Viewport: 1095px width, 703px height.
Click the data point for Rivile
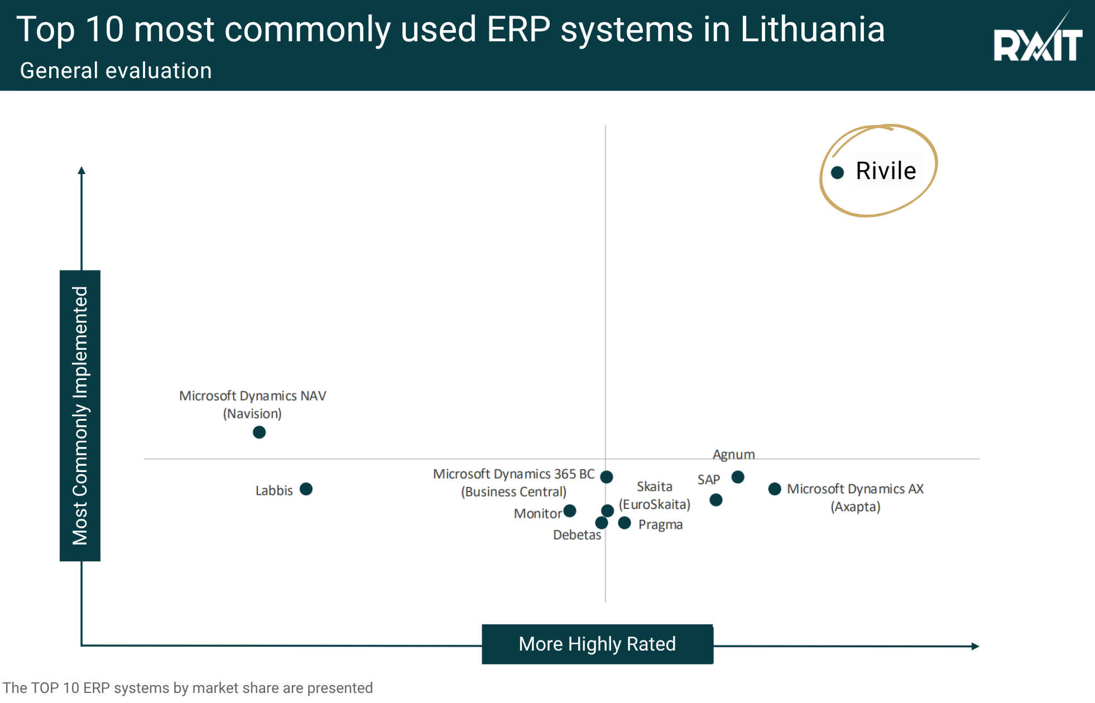point(837,172)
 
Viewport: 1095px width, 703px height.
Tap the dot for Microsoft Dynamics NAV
point(259,432)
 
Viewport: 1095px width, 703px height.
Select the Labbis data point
point(306,489)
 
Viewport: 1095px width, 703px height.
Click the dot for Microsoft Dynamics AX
point(775,489)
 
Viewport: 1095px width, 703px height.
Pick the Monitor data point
point(570,511)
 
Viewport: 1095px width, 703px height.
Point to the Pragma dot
point(625,523)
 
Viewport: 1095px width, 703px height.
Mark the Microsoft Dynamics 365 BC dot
point(607,476)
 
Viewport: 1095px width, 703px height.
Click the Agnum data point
point(738,477)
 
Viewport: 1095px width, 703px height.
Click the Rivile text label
point(886,171)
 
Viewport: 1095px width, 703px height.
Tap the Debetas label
point(577,535)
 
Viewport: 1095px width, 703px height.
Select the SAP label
point(708,480)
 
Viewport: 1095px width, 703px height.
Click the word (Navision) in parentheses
point(252,414)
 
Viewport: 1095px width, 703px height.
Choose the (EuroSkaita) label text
point(655,505)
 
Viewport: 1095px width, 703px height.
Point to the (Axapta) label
point(856,507)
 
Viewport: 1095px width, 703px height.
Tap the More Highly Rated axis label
point(597,644)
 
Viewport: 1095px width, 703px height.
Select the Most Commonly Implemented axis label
point(80,416)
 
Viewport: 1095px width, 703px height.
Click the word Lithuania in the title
point(813,29)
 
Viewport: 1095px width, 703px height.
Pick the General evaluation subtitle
point(116,71)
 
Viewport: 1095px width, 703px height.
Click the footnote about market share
point(188,688)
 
